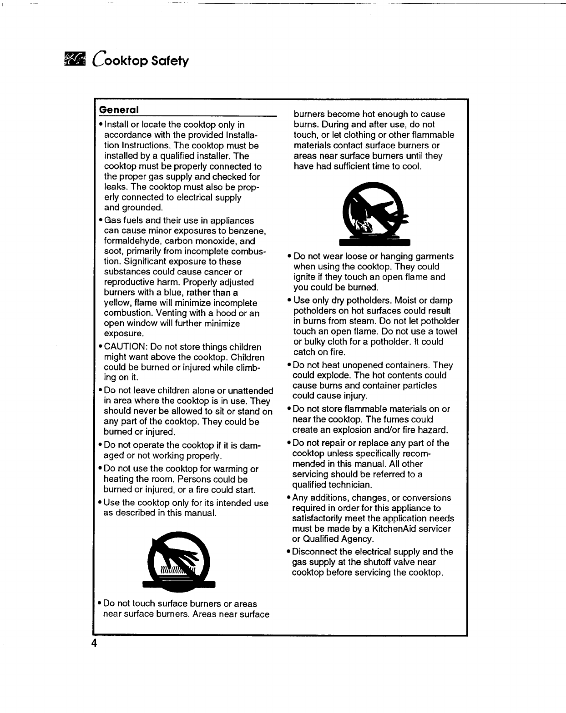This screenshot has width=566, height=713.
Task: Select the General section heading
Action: [x=119, y=110]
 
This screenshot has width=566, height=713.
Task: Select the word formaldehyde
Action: [x=134, y=241]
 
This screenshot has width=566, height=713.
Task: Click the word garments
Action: [x=432, y=256]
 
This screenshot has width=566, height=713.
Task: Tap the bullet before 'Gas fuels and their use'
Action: [x=100, y=221]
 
